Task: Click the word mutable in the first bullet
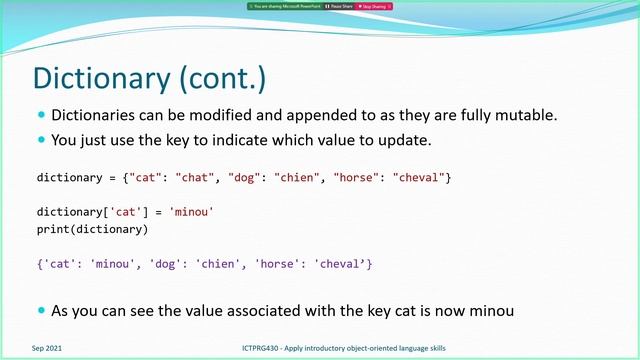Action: click(526, 115)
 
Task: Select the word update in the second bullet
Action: click(432, 139)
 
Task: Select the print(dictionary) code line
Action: click(92, 230)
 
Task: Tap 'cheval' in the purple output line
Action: click(339, 264)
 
